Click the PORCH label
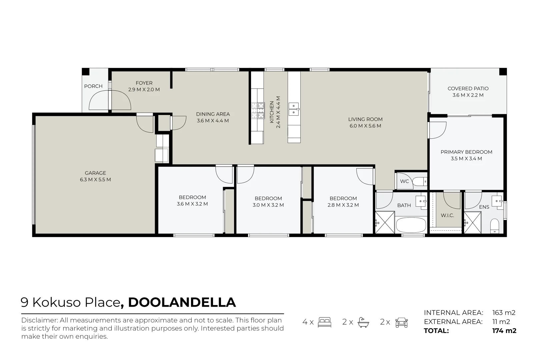pos(93,86)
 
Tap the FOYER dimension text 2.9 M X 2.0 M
pos(144,90)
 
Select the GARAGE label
pos(95,173)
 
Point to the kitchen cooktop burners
pos(258,110)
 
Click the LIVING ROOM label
pos(365,119)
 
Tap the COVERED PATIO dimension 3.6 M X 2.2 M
pos(468,95)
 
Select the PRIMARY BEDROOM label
pos(466,152)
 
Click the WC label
pos(404,181)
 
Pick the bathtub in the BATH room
pos(411,225)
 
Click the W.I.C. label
pos(447,215)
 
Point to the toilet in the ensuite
pos(494,226)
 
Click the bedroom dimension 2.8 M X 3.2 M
pos(343,205)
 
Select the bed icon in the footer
pos(325,322)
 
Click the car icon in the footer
pos(402,322)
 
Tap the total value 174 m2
pos(504,331)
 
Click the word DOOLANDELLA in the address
pos(182,302)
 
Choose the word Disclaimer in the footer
pos(39,320)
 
